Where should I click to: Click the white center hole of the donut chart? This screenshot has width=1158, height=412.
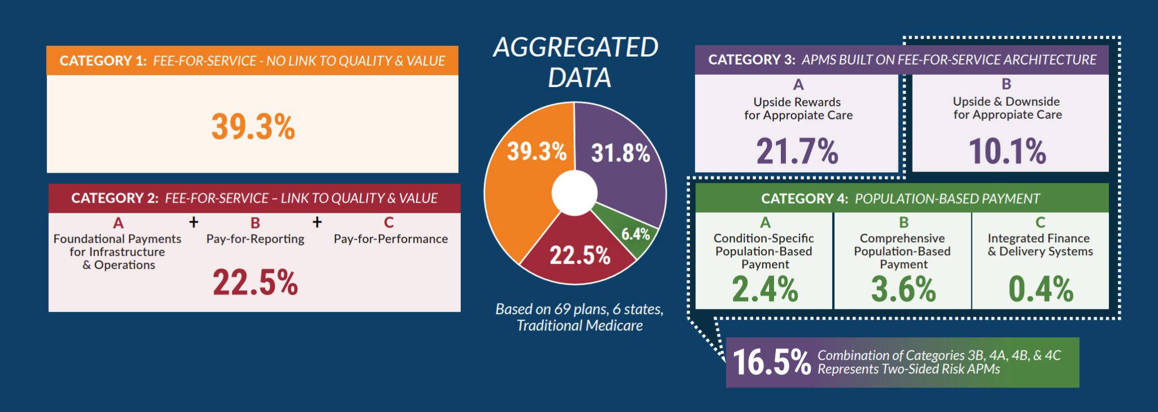point(574,193)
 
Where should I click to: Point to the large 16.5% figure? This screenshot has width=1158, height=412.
point(771,362)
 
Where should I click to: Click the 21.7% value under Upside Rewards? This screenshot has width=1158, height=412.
point(797,151)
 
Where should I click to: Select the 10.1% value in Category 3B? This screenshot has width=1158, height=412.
point(1007,151)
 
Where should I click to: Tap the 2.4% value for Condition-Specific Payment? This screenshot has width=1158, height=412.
point(764,289)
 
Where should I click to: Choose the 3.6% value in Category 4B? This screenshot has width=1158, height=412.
point(903,289)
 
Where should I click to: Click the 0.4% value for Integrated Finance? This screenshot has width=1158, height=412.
point(1040,289)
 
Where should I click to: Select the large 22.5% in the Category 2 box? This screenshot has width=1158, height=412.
point(255,282)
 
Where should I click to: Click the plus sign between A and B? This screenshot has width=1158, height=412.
point(194,222)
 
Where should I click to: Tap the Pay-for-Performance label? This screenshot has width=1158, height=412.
point(391,239)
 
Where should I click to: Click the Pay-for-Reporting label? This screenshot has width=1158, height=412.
point(255,239)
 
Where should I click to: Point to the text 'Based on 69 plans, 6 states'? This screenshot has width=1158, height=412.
point(579,309)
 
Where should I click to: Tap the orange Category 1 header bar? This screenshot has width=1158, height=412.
point(252,61)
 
